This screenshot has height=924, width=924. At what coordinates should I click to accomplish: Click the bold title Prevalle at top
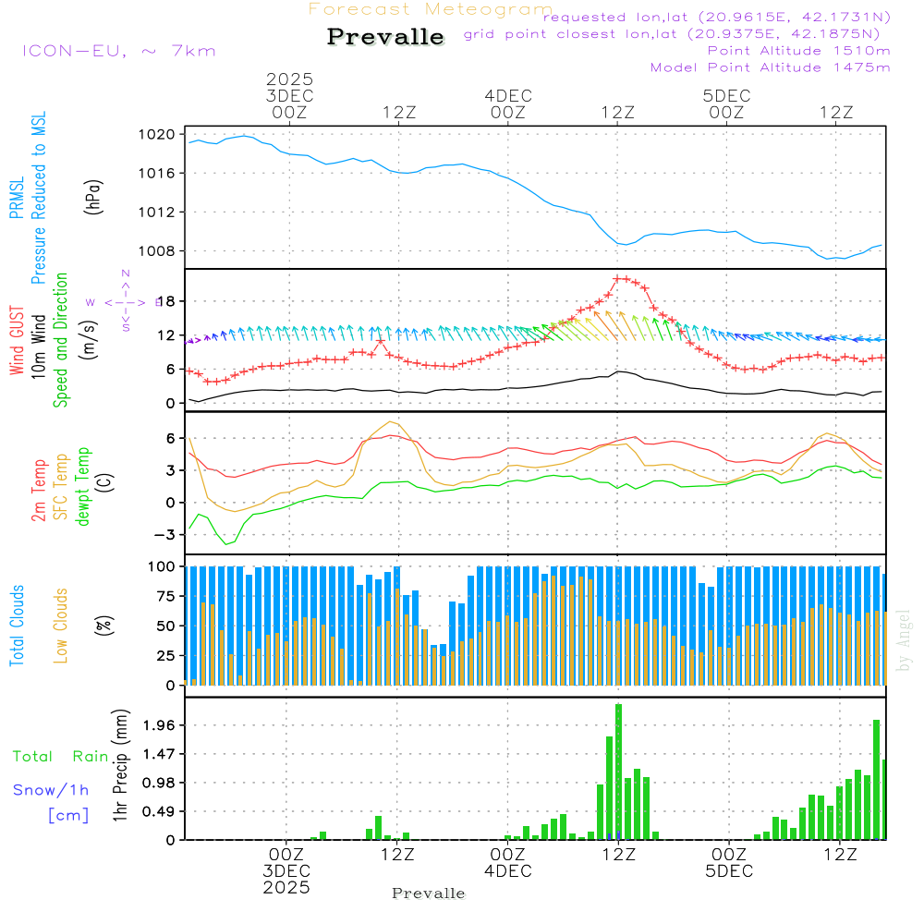pos(385,37)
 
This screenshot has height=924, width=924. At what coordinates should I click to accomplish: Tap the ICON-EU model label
pos(118,51)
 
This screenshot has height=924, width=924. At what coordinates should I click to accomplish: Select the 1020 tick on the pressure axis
pos(158,135)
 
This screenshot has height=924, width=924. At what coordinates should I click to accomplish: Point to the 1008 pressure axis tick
pos(158,251)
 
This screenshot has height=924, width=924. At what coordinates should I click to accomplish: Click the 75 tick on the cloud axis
pos(164,596)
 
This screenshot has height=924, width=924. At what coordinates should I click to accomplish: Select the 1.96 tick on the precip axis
pos(158,725)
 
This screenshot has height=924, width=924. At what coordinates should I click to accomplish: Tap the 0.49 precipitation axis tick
pos(158,811)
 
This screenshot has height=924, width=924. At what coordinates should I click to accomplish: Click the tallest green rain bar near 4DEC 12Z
pos(618,772)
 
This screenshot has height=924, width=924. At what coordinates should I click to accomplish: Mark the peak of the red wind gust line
pos(621,278)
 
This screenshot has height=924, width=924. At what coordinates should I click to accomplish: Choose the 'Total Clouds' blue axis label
pos(18,626)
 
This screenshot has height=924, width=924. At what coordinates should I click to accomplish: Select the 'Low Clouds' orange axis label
pos(62,623)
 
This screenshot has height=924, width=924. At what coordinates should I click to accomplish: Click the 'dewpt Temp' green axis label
pos(84,487)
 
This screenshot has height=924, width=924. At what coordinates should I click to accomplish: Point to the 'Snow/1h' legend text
pos(51,790)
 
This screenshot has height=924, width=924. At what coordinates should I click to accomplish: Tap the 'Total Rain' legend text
pos(61,757)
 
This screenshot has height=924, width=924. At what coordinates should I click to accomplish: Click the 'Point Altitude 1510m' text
pos(799,51)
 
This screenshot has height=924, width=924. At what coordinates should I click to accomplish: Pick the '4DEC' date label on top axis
pos(507,96)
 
